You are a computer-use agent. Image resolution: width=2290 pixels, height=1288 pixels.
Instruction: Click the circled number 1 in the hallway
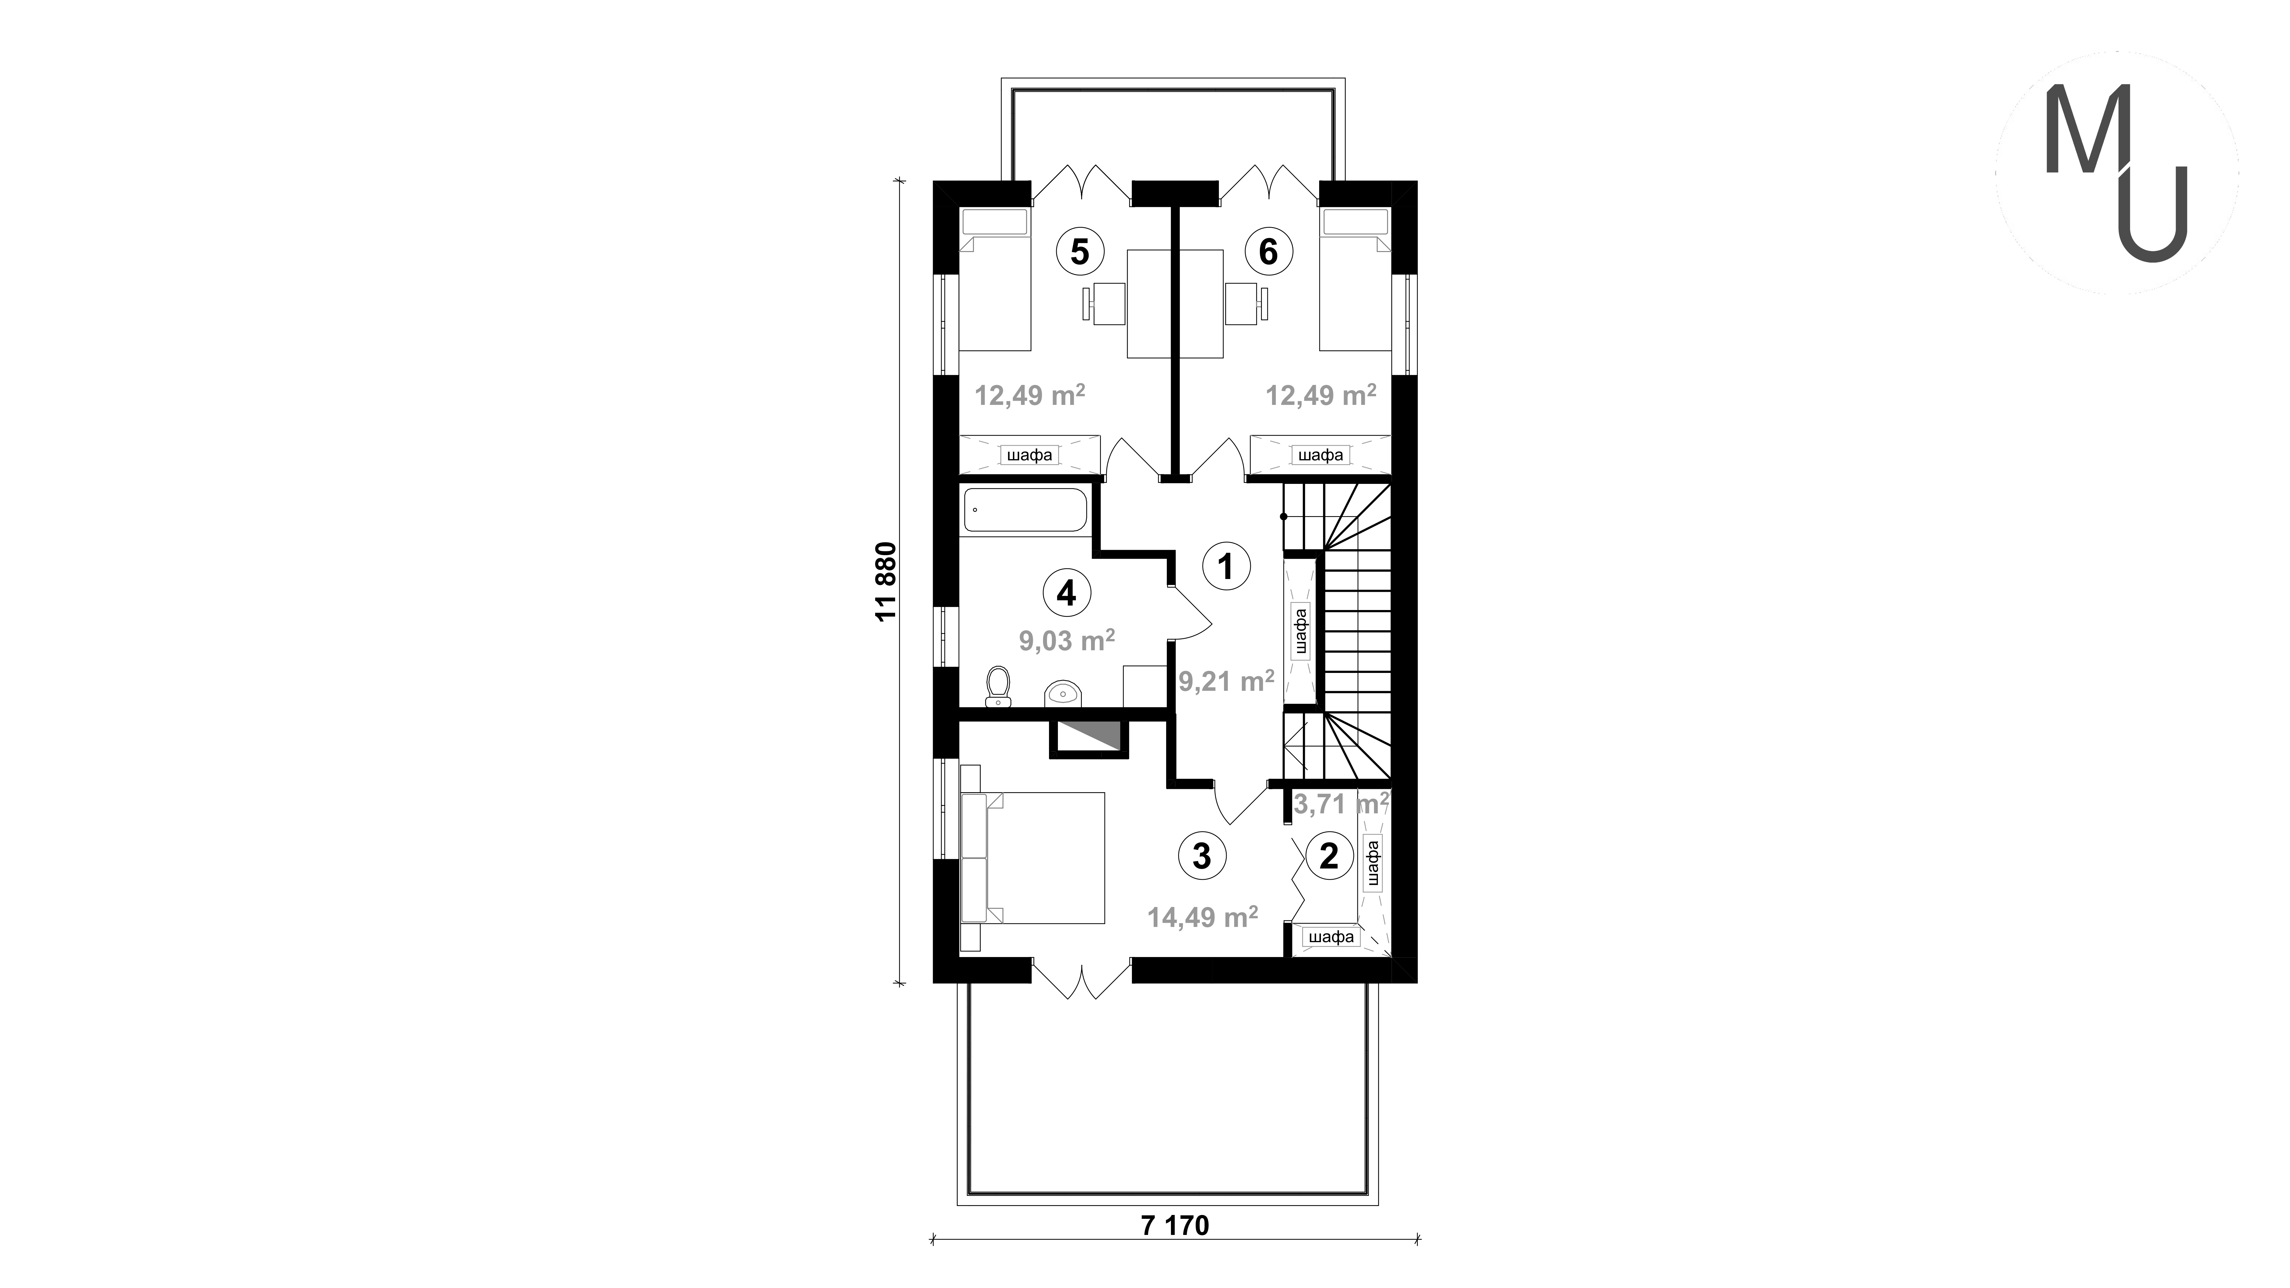1226,565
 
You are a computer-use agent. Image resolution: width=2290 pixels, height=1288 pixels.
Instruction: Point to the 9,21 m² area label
1227,681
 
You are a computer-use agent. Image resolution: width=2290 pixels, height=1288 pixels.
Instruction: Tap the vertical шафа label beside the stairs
1301,631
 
